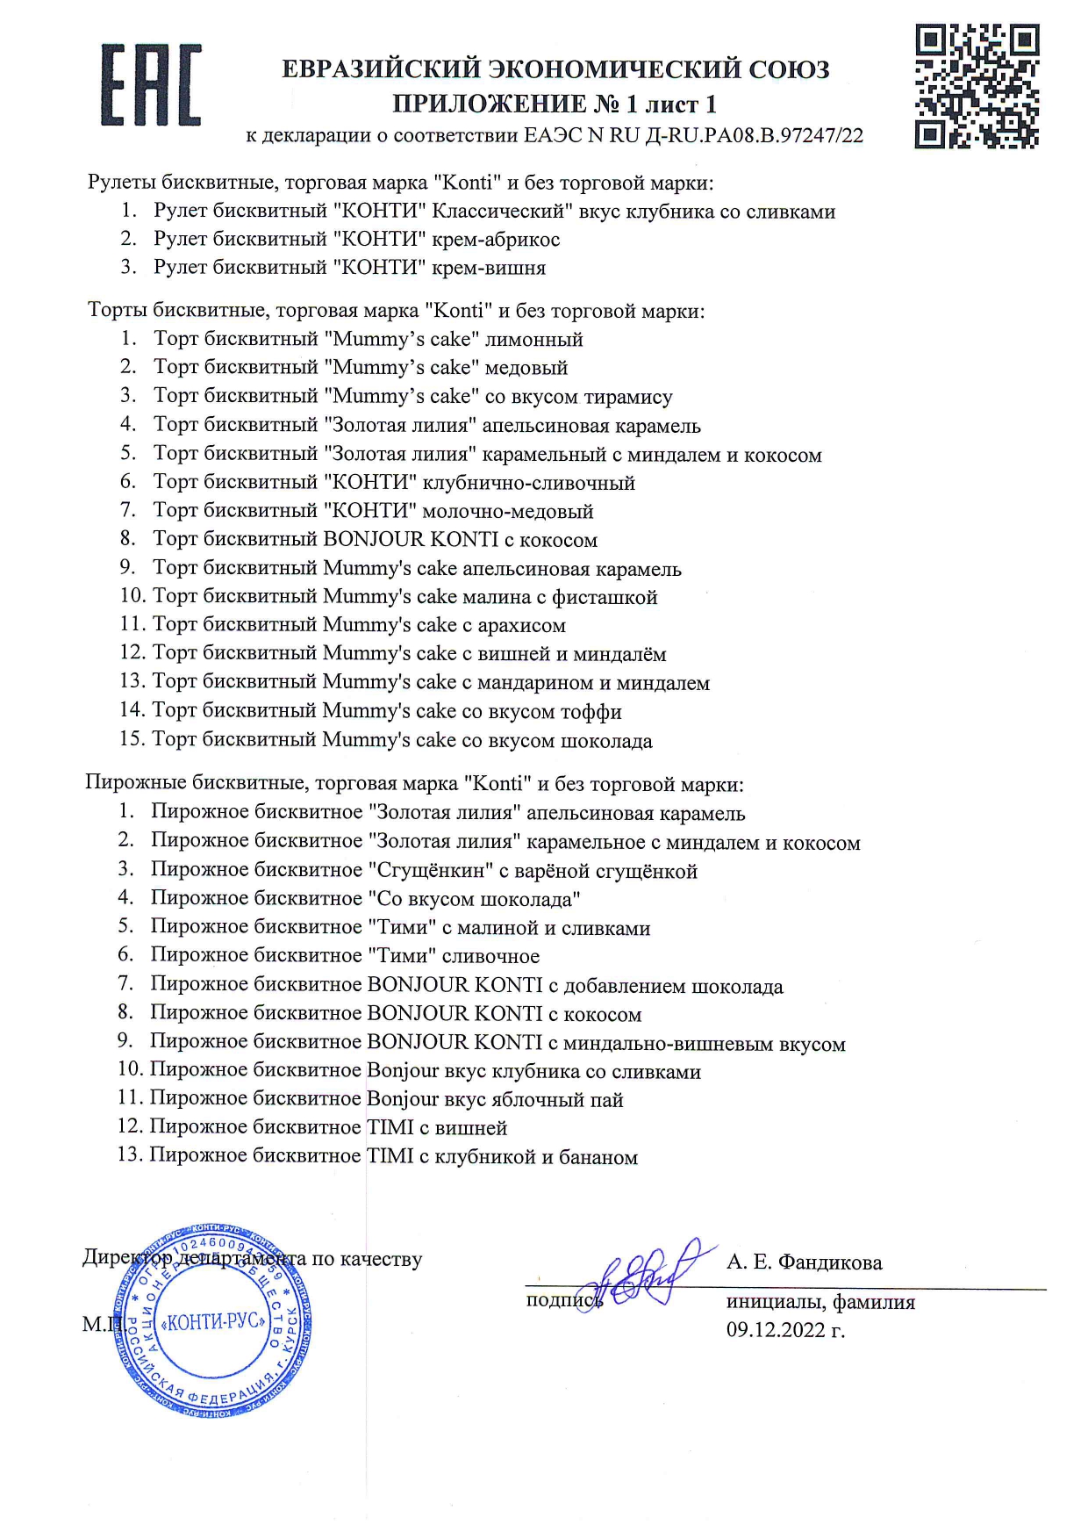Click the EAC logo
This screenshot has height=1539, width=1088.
(x=151, y=85)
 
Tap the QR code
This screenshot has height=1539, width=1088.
(x=977, y=85)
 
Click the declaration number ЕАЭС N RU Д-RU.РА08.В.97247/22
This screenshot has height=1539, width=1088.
(x=693, y=135)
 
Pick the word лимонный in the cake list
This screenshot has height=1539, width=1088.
(x=533, y=339)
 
